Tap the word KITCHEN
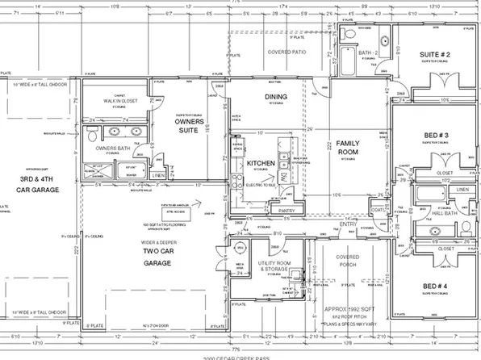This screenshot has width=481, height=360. pos(261,163)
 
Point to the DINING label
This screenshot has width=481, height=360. pos(276,97)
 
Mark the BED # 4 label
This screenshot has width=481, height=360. pos(435,286)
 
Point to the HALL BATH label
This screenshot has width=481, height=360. pos(441,206)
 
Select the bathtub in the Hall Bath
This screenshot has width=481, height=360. pos(428,195)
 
